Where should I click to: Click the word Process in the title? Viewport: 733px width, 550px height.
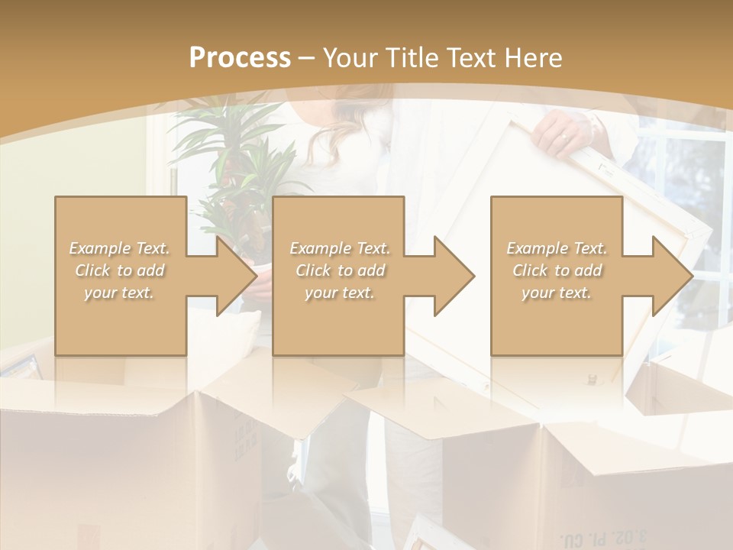tap(240, 57)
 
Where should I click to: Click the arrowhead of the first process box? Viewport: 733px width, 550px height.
tap(235, 276)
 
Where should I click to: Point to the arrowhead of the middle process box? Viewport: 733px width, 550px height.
tap(454, 276)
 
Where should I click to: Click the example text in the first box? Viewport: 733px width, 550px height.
tap(120, 270)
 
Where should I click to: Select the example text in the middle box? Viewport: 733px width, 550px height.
tap(339, 270)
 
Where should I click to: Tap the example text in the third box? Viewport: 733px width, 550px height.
tap(557, 270)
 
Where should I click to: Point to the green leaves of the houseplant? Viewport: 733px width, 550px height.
tap(229, 153)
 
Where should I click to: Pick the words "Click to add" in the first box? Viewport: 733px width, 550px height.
tap(120, 270)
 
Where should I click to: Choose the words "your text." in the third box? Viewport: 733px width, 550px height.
tap(557, 293)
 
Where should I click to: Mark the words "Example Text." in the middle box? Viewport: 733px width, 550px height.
tap(339, 248)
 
